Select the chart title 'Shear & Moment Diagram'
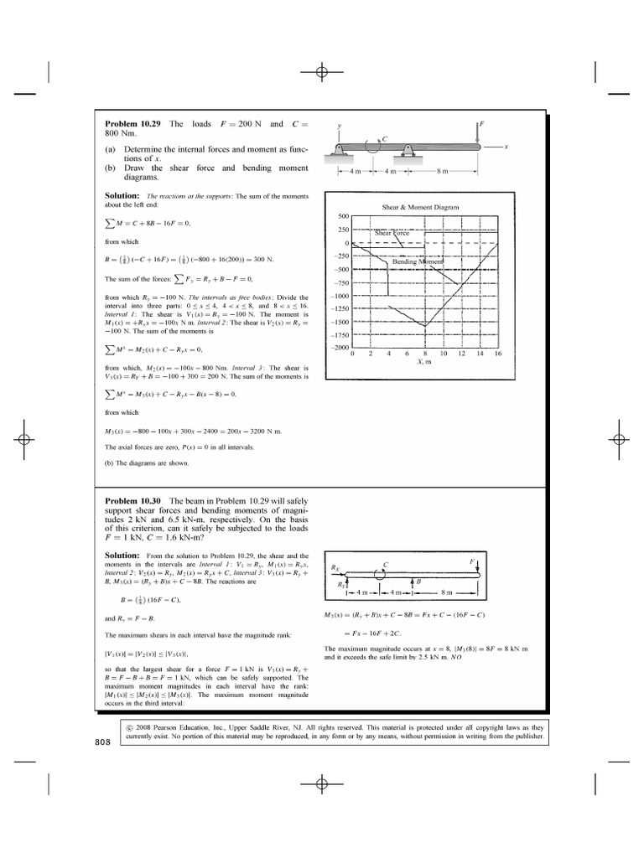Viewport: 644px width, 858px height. pyautogui.click(x=426, y=206)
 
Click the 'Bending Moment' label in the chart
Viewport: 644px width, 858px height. pyautogui.click(x=417, y=261)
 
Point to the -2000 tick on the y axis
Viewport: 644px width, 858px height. pyautogui.click(x=338, y=347)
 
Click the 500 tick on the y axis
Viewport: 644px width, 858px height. pyautogui.click(x=343, y=216)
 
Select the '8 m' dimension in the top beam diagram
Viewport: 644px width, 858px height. pyautogui.click(x=442, y=172)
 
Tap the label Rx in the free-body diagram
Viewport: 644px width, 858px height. pyautogui.click(x=336, y=567)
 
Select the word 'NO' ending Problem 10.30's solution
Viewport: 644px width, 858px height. pyautogui.click(x=457, y=659)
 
